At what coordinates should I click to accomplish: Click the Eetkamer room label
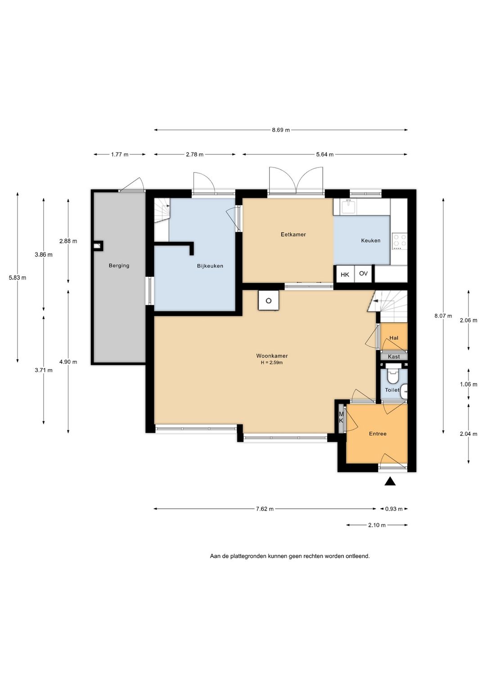coord(293,234)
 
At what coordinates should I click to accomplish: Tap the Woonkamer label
coord(272,356)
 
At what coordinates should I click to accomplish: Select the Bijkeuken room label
coord(210,266)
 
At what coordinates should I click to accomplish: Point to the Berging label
coord(119,266)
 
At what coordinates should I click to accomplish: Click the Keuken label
coord(371,240)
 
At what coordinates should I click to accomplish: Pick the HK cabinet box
coord(345,274)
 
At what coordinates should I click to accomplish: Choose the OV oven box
coord(363,273)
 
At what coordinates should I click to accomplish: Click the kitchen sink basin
coord(349,206)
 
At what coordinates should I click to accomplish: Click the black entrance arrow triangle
coord(390,481)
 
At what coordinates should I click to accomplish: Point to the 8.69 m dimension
coord(281,130)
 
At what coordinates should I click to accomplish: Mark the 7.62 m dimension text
coord(265,509)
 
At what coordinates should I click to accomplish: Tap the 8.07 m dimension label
coord(443,316)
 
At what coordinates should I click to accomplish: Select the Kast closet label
coord(394,357)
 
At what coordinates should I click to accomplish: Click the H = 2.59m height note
coord(272,362)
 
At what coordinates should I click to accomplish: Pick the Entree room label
coord(378,434)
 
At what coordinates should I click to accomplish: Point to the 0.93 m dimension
coord(394,509)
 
